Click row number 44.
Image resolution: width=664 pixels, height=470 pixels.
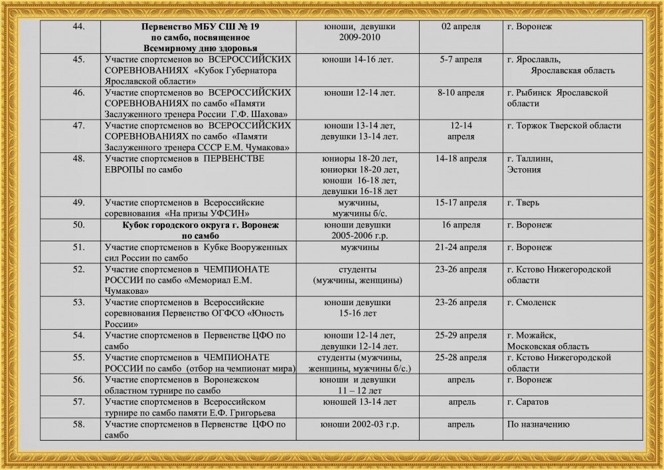coord(77,27)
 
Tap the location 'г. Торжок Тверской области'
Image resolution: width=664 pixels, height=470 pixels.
coord(564,126)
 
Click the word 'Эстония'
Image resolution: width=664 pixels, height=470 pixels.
coord(523,170)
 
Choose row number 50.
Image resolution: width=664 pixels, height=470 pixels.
coord(77,225)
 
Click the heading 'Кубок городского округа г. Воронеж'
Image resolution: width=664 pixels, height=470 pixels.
coord(191,225)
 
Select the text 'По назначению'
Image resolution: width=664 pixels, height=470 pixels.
coord(539,423)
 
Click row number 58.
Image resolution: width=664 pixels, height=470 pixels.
coord(77,423)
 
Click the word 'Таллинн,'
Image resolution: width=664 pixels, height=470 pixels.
coord(529,159)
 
